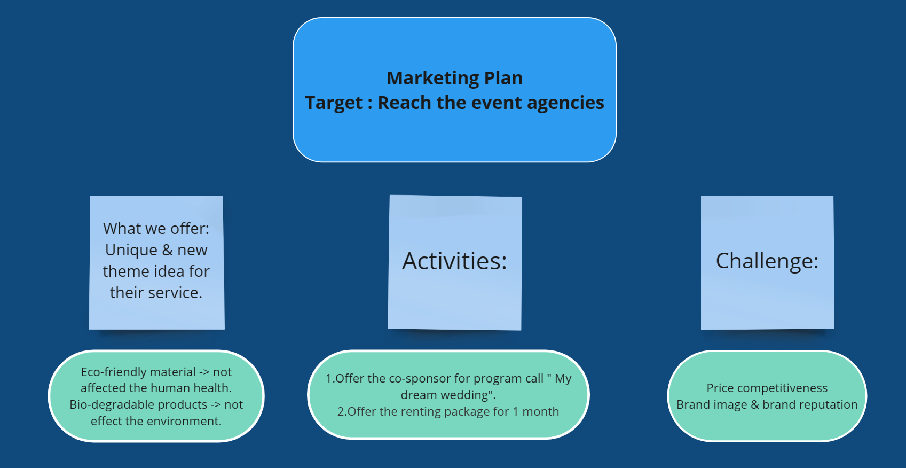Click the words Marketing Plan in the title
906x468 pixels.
(455, 78)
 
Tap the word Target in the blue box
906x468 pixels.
(334, 103)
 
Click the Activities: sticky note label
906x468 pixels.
(454, 261)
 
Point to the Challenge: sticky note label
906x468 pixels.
(767, 261)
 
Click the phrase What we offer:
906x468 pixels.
(156, 229)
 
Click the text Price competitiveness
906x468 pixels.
(767, 388)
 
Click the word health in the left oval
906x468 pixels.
(212, 388)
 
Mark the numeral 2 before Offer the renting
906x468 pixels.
(341, 411)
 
